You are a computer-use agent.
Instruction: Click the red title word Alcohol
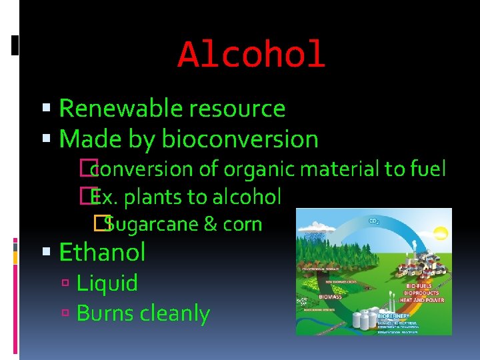click(x=251, y=55)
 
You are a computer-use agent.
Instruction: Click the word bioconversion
click(x=240, y=139)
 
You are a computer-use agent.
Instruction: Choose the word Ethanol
click(x=102, y=253)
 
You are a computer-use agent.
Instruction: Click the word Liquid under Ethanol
click(x=107, y=283)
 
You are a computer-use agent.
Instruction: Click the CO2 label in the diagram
click(x=374, y=220)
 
